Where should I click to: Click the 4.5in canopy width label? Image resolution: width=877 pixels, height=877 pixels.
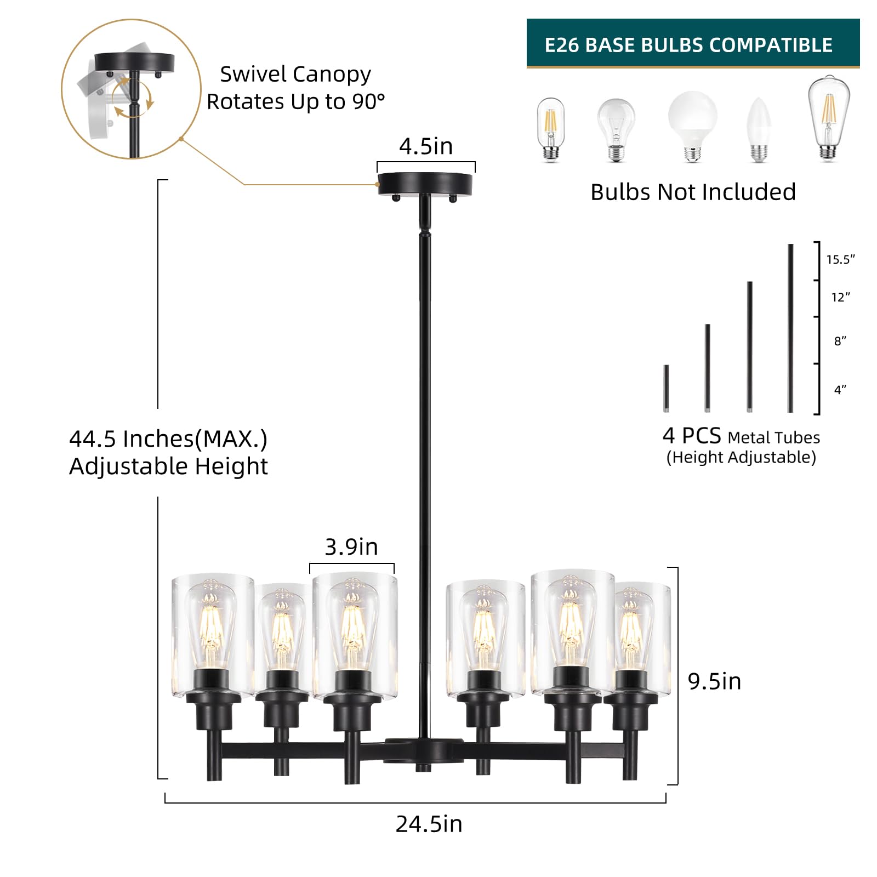click(x=426, y=146)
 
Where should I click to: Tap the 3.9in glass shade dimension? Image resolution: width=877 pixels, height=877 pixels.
click(x=351, y=547)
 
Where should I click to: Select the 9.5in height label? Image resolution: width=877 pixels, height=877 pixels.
click(x=714, y=681)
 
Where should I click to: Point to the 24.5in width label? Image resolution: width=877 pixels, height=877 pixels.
click(x=429, y=824)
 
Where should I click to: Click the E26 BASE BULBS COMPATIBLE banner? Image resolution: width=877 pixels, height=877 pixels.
click(x=693, y=43)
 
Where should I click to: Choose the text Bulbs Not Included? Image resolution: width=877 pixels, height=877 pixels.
click(x=693, y=192)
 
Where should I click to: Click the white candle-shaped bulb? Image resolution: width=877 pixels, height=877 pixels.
click(x=759, y=129)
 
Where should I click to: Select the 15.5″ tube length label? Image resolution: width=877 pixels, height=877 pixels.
click(x=840, y=259)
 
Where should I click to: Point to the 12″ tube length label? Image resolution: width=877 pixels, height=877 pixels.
click(x=840, y=297)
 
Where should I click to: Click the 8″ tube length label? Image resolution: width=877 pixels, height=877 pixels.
click(x=840, y=341)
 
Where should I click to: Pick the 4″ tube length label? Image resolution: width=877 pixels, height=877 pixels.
click(x=840, y=390)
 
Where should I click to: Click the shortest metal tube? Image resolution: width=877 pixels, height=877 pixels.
click(x=666, y=389)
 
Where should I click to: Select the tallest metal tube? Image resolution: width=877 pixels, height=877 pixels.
click(x=790, y=328)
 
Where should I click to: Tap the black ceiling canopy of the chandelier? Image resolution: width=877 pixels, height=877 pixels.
click(x=425, y=185)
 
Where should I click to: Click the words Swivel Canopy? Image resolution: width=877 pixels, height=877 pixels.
click(x=295, y=75)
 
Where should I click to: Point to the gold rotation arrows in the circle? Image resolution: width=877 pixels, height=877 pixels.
click(x=134, y=99)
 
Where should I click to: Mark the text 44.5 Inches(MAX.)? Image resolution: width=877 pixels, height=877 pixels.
click(x=168, y=438)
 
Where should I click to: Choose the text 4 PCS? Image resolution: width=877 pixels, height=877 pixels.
click(x=691, y=436)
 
